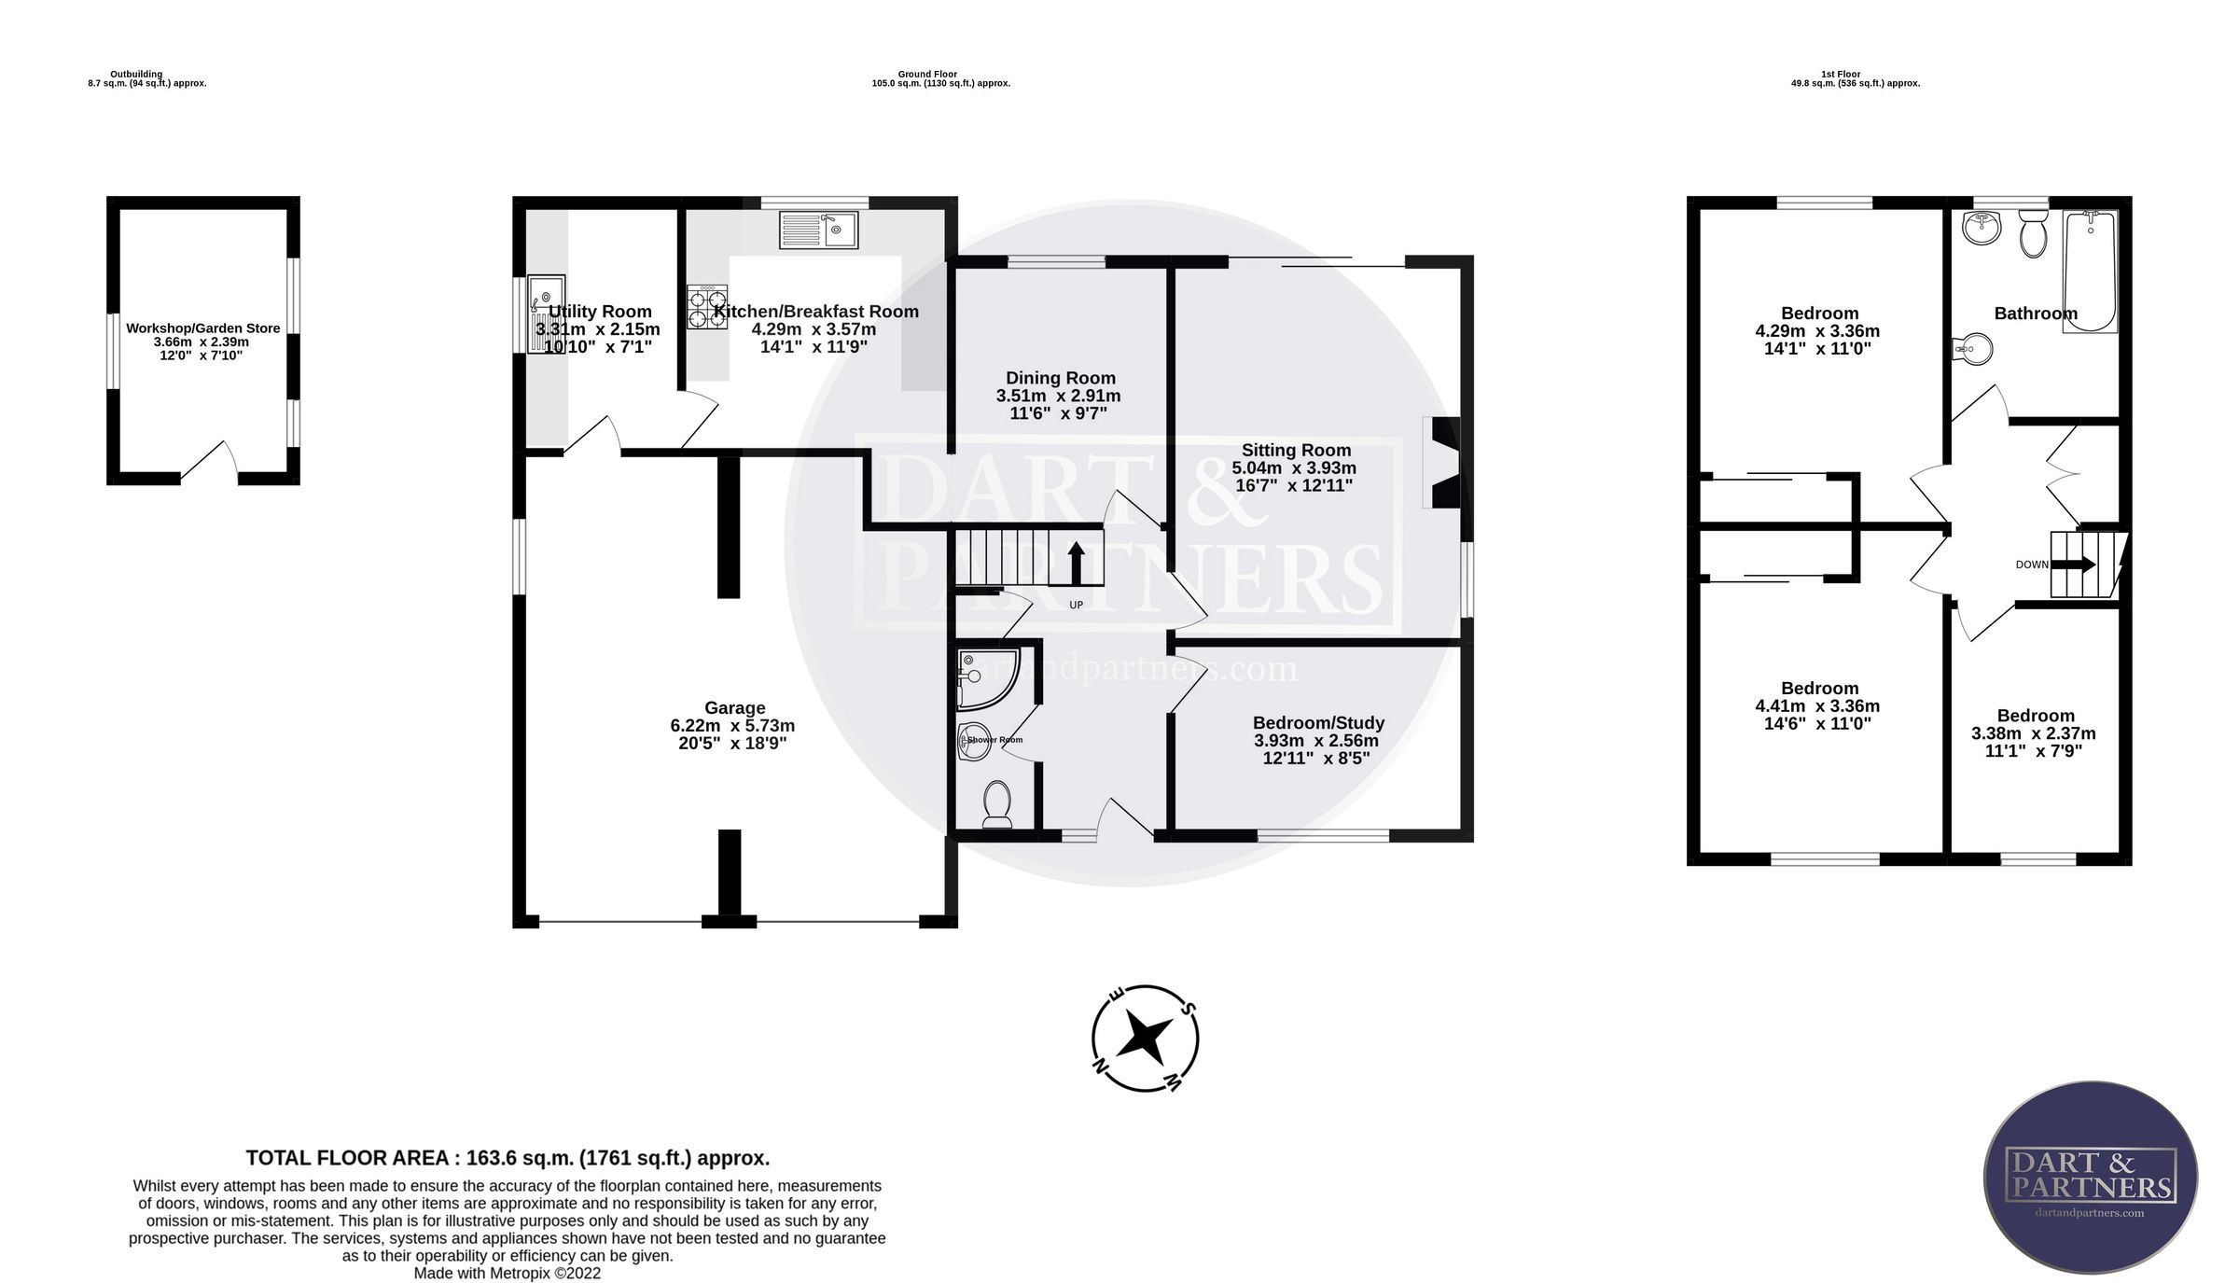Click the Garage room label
735,708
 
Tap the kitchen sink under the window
818,230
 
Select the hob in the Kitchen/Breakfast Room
707,307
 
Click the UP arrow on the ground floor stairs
1076,563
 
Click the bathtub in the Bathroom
2090,272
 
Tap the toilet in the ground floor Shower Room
997,804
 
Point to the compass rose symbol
1145,1038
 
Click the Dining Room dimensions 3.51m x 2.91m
1059,396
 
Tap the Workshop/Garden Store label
203,328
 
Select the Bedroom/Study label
1318,723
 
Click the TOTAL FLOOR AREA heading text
508,1158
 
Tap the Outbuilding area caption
146,78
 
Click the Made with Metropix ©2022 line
508,1274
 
